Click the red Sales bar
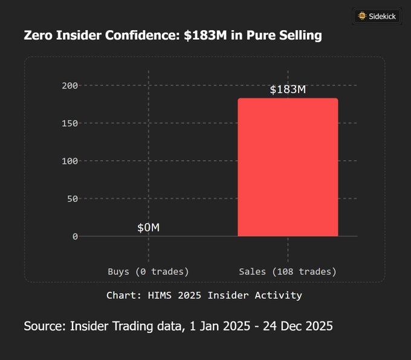[288, 167]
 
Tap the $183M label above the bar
[288, 89]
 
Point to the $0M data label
[148, 227]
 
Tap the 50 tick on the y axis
[72, 199]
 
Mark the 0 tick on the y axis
[75, 236]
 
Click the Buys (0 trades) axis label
[148, 272]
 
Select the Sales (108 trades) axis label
[288, 272]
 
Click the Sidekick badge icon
[362, 16]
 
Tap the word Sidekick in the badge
[383, 16]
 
